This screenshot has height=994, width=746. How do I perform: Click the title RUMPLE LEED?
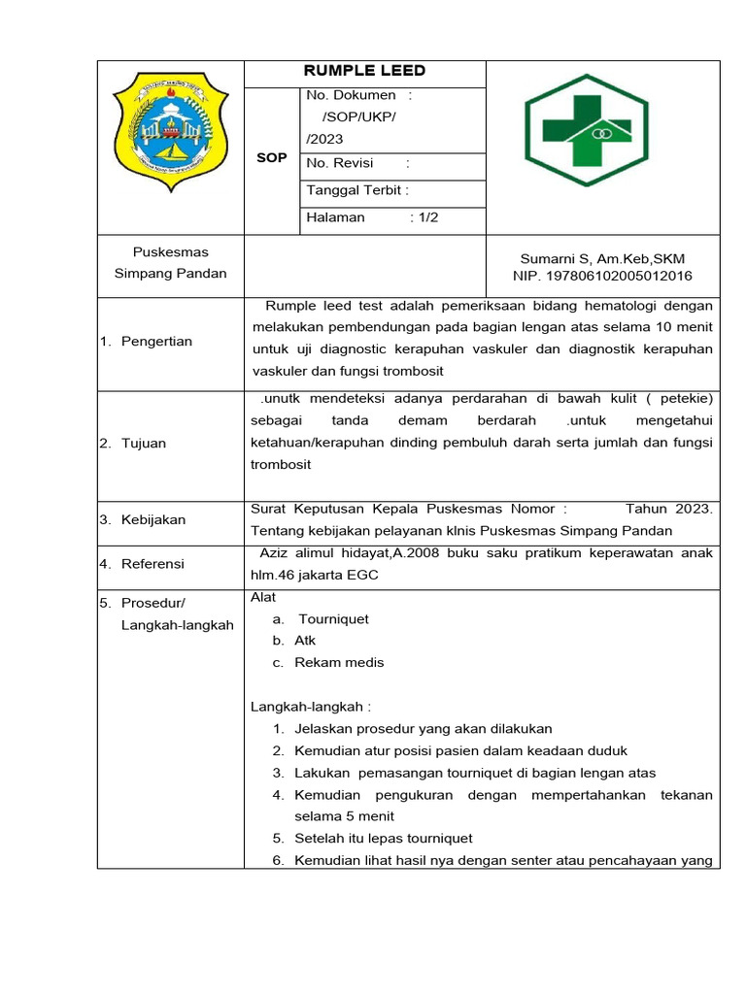pyautogui.click(x=364, y=71)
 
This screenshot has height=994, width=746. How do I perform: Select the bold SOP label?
pyautogui.click(x=271, y=157)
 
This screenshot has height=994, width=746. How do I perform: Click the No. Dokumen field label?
pyautogui.click(x=352, y=95)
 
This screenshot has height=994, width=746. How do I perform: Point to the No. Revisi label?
pyautogui.click(x=340, y=163)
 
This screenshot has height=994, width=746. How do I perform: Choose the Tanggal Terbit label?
pyautogui.click(x=356, y=190)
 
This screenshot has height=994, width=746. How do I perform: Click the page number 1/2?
pyautogui.click(x=425, y=217)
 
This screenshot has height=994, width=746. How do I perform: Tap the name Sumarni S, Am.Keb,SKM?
pyautogui.click(x=602, y=258)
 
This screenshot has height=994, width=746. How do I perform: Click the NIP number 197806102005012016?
pyautogui.click(x=602, y=276)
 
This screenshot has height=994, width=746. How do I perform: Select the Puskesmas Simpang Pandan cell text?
pyautogui.click(x=170, y=263)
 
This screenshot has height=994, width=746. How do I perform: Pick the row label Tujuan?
pyautogui.click(x=144, y=444)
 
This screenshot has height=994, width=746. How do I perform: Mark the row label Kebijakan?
pyautogui.click(x=153, y=519)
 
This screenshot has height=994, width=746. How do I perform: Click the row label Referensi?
pyautogui.click(x=153, y=564)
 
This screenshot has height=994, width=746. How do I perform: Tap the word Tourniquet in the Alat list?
pyautogui.click(x=333, y=618)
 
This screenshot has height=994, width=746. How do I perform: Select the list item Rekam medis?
pyautogui.click(x=339, y=662)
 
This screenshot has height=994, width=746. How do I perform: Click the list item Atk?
pyautogui.click(x=305, y=641)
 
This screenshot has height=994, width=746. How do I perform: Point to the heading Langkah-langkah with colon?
pyautogui.click(x=311, y=707)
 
